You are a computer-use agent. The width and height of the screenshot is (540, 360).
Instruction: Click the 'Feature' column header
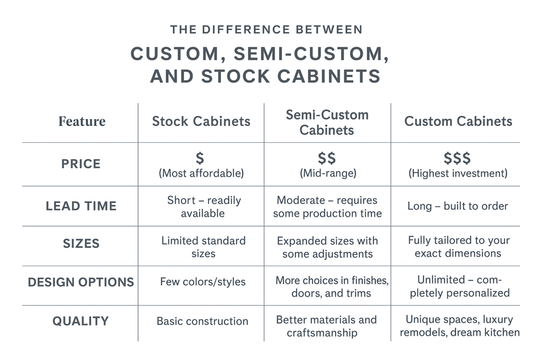click(x=82, y=121)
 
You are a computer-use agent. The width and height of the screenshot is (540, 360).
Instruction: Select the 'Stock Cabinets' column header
click(x=201, y=121)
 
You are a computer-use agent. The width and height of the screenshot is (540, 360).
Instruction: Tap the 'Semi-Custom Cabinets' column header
click(x=327, y=122)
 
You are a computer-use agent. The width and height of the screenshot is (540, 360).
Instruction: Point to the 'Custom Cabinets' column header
click(x=458, y=121)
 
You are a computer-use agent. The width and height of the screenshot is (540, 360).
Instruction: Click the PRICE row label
click(x=81, y=164)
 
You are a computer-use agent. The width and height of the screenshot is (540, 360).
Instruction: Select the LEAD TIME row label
click(x=81, y=206)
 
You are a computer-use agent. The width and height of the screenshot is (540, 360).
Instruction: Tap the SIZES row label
click(x=81, y=244)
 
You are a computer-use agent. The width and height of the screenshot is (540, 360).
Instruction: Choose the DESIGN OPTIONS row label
click(x=81, y=282)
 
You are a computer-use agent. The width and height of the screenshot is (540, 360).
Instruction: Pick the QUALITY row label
click(x=81, y=321)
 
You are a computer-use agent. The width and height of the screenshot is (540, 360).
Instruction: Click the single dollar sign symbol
click(x=200, y=158)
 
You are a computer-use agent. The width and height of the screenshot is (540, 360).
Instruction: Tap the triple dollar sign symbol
click(x=457, y=158)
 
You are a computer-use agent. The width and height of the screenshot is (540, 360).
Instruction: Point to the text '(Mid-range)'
click(x=328, y=173)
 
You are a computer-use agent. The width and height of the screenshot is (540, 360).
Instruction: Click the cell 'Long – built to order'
click(x=458, y=206)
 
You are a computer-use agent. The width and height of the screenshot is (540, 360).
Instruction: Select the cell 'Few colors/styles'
click(x=203, y=281)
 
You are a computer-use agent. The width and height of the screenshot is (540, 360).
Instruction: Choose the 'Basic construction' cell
click(x=202, y=321)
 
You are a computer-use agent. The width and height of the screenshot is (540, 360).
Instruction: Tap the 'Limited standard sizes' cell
click(x=203, y=247)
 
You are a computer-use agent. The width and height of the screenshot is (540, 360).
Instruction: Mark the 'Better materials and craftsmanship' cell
click(x=326, y=326)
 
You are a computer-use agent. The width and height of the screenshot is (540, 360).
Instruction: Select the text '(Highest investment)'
click(x=458, y=173)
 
